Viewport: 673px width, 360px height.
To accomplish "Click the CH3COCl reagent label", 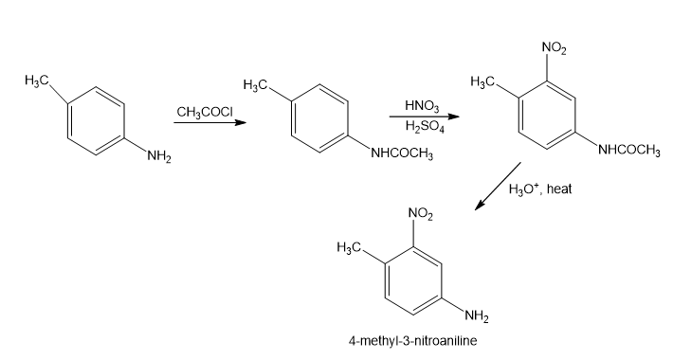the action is (x=205, y=113).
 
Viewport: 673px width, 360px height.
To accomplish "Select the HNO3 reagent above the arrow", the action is (x=422, y=105).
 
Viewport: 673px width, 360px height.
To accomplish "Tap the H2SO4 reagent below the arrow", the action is (x=425, y=127).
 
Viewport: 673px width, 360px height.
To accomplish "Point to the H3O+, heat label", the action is (x=540, y=189).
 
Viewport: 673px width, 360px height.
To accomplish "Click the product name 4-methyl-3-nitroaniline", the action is (x=412, y=341).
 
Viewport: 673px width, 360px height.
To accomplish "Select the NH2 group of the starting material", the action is (x=159, y=156).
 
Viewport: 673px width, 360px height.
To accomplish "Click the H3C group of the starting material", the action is (x=36, y=81).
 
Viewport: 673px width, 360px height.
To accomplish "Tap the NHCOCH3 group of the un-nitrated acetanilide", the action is (x=402, y=153).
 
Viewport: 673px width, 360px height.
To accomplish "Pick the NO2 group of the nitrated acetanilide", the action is (x=555, y=48).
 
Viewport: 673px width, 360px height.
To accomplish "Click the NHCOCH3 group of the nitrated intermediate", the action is (x=628, y=150).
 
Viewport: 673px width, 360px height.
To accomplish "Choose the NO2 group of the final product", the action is (x=421, y=214).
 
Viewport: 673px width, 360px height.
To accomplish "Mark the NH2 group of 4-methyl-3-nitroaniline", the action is (x=476, y=316).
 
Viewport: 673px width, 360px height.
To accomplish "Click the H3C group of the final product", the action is (x=349, y=247).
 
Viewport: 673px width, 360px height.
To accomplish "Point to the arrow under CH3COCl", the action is (x=209, y=123).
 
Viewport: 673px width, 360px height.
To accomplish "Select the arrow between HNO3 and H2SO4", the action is (x=424, y=117).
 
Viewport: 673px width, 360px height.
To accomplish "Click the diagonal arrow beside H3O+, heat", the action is (x=498, y=187).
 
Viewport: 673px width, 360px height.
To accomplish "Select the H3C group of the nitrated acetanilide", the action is (x=482, y=81).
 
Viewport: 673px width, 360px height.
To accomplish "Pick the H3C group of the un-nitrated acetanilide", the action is (x=255, y=84).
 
